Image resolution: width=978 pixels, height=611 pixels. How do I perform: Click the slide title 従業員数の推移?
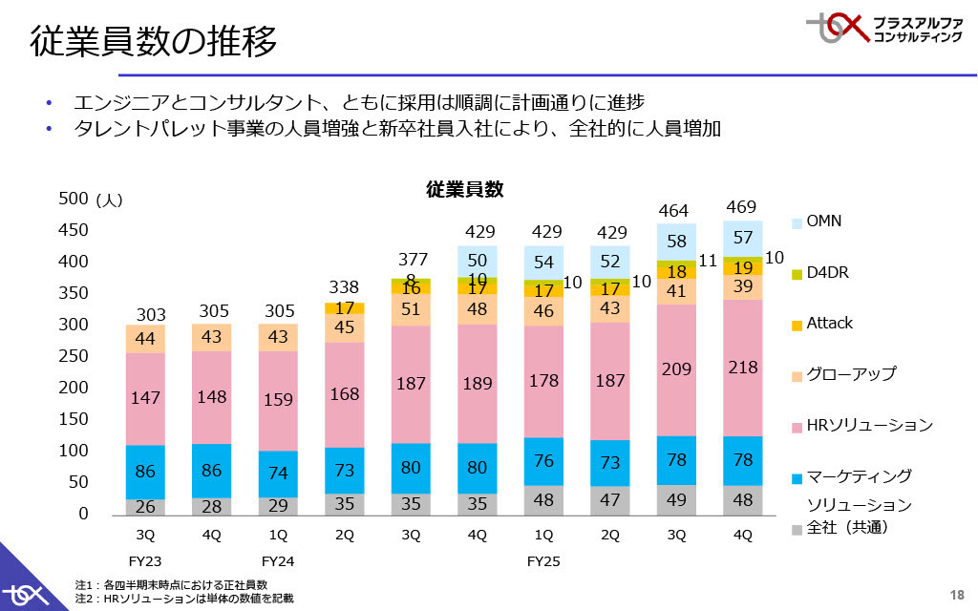tap(154, 42)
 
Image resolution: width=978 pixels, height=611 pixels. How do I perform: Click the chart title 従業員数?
tap(464, 189)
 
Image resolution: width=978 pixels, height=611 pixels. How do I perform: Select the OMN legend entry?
tap(823, 221)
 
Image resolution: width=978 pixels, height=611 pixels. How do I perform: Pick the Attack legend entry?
tap(829, 323)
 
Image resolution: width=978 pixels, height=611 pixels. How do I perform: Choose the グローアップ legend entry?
tap(851, 373)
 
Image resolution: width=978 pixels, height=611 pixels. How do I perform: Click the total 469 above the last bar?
tap(741, 207)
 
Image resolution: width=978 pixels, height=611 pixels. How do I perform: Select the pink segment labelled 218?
tap(741, 368)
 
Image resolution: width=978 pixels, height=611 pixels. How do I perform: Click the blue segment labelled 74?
tap(278, 472)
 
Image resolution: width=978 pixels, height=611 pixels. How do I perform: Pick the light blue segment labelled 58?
tap(676, 242)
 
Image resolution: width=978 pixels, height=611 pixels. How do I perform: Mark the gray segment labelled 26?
tap(145, 506)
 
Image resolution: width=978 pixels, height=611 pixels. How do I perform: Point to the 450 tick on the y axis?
tap(74, 230)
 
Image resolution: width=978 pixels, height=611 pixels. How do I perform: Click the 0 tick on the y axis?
tap(83, 514)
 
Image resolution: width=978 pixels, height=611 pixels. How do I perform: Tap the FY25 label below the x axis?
tap(543, 561)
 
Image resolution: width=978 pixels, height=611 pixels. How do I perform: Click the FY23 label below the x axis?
tap(145, 561)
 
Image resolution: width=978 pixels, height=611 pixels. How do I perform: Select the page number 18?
tap(958, 592)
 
